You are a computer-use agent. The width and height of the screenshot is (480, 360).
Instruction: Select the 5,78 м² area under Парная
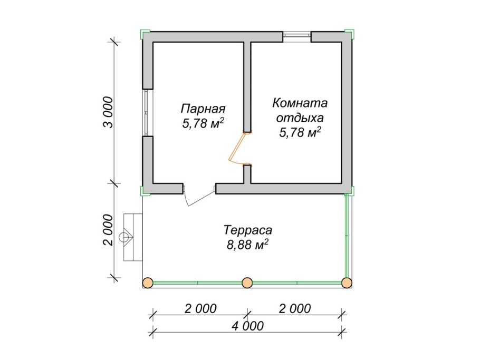tap(203, 124)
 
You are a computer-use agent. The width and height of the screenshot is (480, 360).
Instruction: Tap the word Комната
tap(300, 103)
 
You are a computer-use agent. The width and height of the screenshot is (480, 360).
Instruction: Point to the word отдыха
tap(300, 117)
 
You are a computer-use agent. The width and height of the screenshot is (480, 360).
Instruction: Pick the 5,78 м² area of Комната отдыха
tap(300, 132)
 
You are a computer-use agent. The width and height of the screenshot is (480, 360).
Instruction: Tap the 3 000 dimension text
tap(108, 112)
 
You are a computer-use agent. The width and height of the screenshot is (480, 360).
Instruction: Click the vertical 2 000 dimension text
tap(108, 230)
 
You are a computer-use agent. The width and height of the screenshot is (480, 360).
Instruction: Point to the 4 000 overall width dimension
tap(247, 326)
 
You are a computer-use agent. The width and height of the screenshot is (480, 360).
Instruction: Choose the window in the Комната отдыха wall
tap(296, 36)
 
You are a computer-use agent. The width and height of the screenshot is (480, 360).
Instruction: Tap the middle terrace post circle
tap(247, 283)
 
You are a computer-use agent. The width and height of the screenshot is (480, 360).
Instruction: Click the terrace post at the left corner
tap(148, 283)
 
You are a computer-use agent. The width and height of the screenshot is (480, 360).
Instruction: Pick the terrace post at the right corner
tap(347, 283)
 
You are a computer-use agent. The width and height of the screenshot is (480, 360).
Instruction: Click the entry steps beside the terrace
tap(132, 237)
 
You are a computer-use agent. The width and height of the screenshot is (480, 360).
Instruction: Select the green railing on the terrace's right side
tap(347, 235)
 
